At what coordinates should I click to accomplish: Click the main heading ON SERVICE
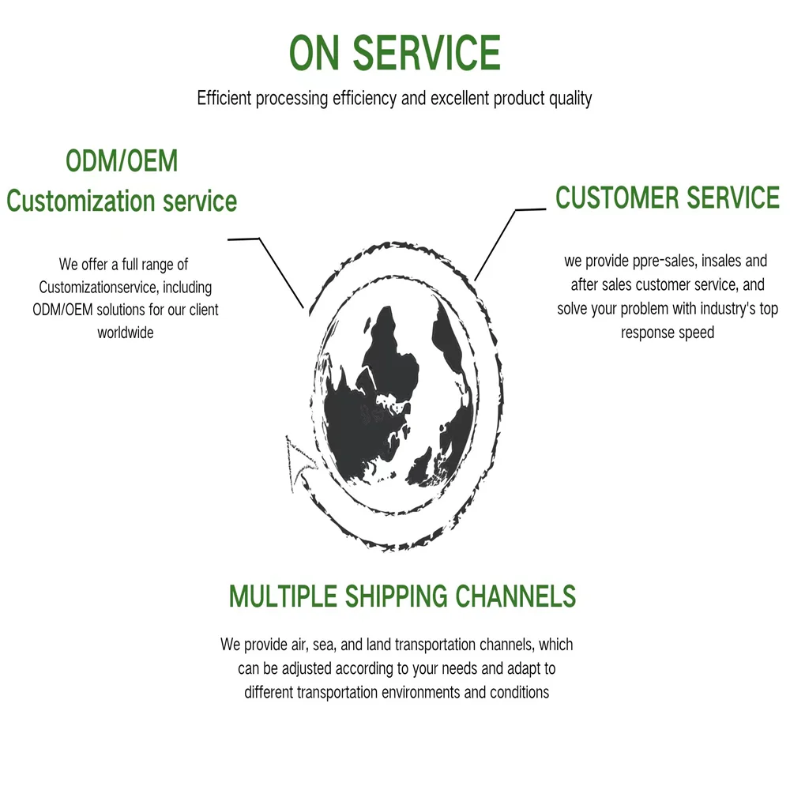coord(394,53)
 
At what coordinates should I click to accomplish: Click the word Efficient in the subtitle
coord(224,99)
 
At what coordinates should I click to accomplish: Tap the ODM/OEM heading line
coord(122,161)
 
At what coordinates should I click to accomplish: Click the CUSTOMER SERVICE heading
coord(668,197)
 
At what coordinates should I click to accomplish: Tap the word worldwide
coord(126,333)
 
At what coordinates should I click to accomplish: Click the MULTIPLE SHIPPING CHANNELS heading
coord(402,596)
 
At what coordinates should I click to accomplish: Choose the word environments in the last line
coord(426,693)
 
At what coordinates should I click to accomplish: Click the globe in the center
coord(391,395)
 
